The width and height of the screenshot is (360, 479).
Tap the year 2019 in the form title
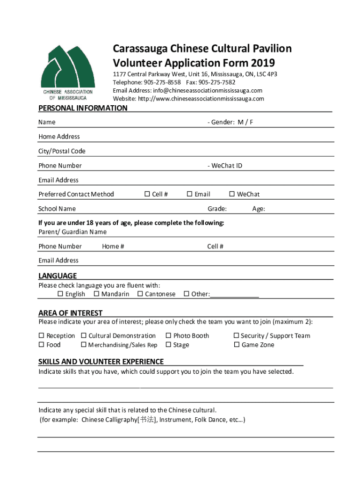[x=263, y=63]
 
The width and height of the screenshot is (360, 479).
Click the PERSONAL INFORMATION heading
[x=83, y=108]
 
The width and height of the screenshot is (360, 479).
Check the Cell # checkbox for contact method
[x=147, y=194]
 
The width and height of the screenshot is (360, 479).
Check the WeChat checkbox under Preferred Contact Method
[x=231, y=194]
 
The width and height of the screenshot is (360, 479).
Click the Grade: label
[x=217, y=209]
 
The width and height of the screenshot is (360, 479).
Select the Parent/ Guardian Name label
[x=72, y=232]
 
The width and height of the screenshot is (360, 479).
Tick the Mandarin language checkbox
[x=96, y=294]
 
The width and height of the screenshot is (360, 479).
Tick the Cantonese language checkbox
[x=140, y=294]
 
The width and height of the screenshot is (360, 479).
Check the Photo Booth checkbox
[x=168, y=335]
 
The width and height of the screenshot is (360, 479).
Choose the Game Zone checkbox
[x=237, y=345]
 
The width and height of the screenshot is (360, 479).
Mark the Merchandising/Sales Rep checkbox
[x=84, y=345]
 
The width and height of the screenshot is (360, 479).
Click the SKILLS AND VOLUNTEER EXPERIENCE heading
[x=101, y=362]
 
